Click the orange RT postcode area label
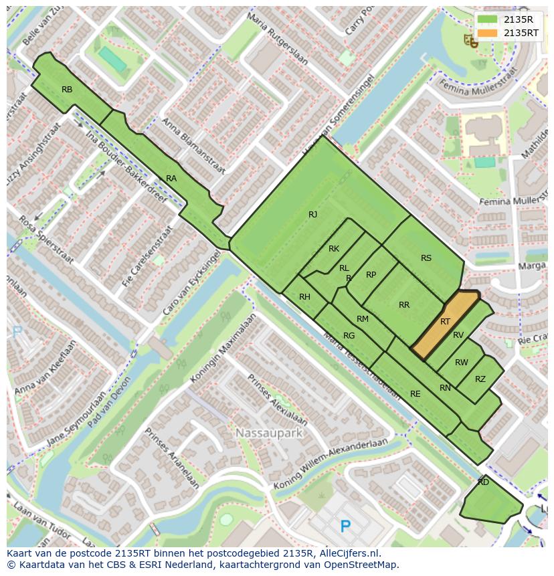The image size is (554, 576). (445, 322)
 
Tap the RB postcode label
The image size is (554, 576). (67, 90)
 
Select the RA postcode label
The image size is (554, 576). (171, 179)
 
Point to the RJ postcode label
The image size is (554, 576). (312, 215)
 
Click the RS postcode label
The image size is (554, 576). (426, 258)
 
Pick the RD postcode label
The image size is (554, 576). (483, 482)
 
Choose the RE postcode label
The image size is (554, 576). (415, 394)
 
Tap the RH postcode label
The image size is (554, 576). (304, 297)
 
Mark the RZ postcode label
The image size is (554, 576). (480, 379)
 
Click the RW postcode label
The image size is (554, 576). (461, 363)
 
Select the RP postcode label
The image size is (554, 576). (371, 275)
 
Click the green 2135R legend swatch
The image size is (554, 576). (488, 19)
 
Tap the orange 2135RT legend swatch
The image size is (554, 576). (488, 33)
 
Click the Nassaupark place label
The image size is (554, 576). (269, 434)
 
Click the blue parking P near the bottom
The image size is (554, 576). (345, 526)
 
